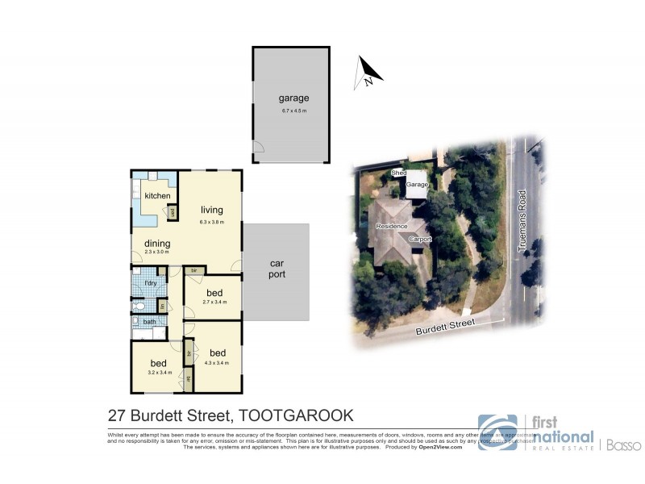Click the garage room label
click(x=293, y=98)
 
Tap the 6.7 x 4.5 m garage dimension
click(x=293, y=110)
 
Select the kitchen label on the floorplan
click(x=157, y=196)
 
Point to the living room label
click(x=212, y=211)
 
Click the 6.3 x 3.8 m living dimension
click(x=212, y=222)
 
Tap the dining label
click(x=157, y=243)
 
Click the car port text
click(x=277, y=269)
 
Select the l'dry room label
click(x=150, y=283)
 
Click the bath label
click(x=150, y=322)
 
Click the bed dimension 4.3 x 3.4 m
click(x=217, y=363)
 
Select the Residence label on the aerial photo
click(x=391, y=227)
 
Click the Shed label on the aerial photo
click(x=397, y=173)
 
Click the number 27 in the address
click(x=118, y=416)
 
